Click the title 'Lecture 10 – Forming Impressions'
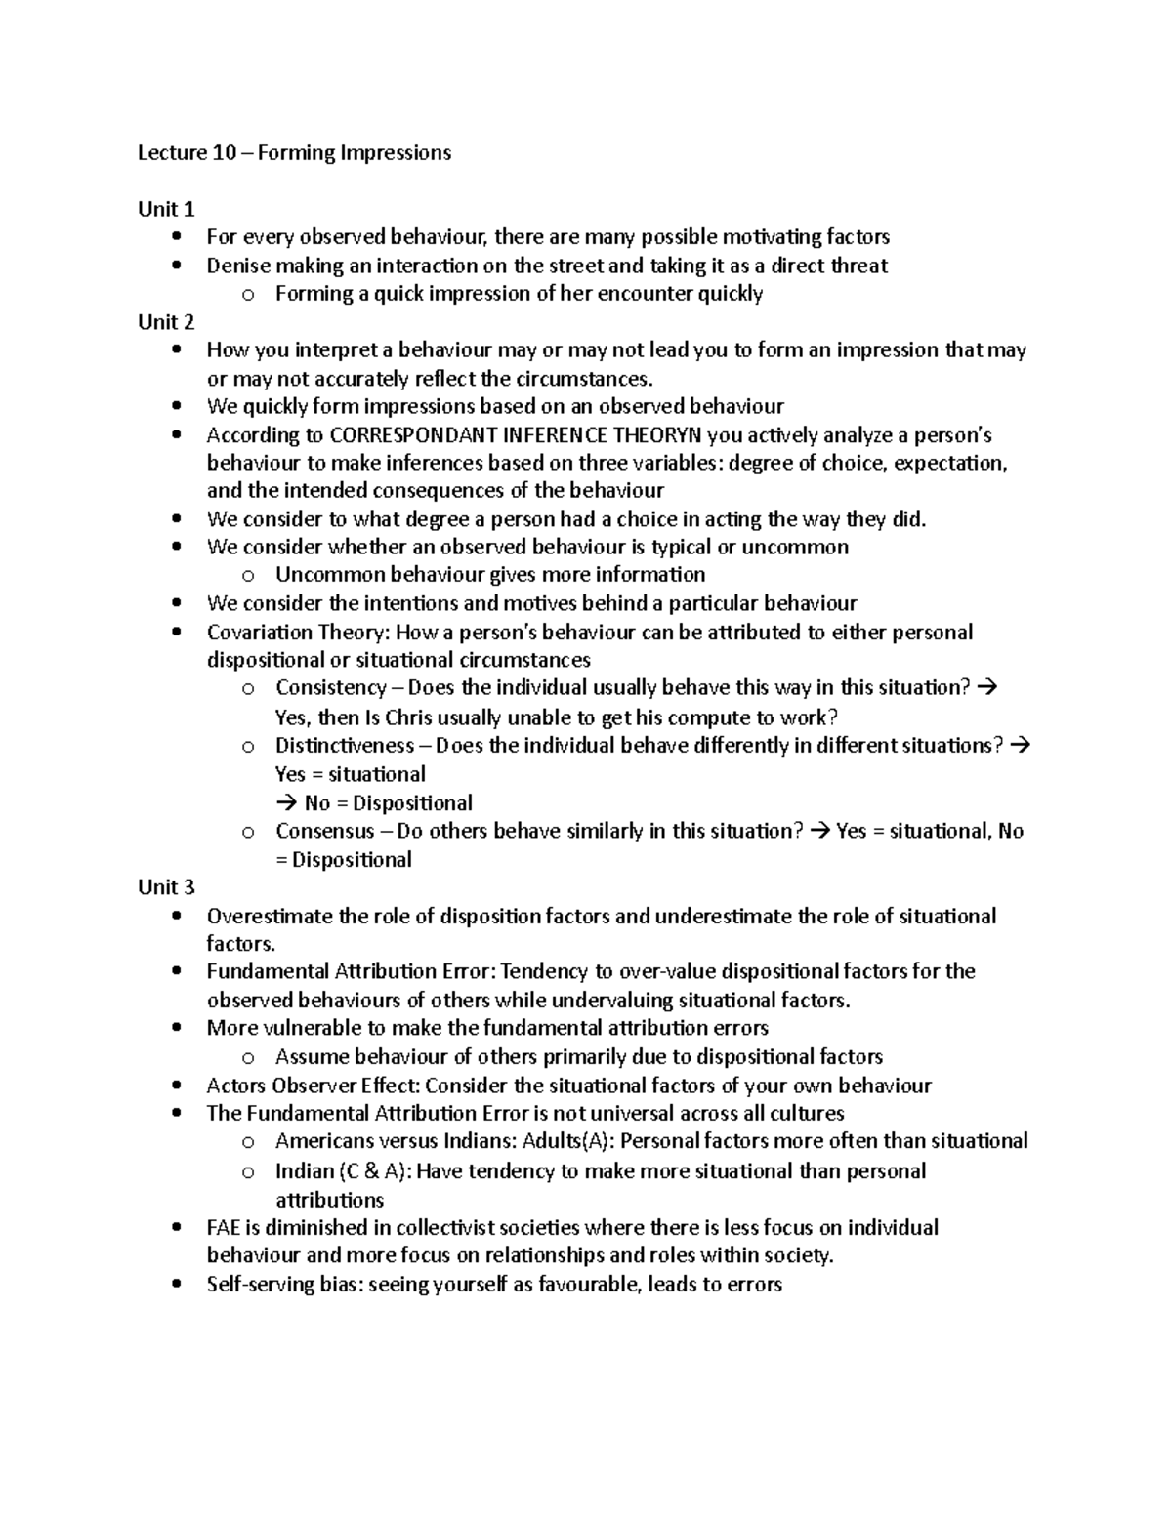tap(294, 153)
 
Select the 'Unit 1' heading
tap(166, 209)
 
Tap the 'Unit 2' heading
tap(166, 322)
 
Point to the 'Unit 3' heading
tap(166, 887)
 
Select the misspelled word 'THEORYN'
tap(653, 435)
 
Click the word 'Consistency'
tap(331, 688)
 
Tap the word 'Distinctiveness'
tap(345, 746)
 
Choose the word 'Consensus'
tap(324, 832)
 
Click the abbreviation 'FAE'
tap(225, 1228)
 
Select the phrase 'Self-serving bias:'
tap(285, 1285)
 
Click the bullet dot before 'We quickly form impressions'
tap(176, 407)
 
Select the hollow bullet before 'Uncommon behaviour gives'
tap(248, 576)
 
